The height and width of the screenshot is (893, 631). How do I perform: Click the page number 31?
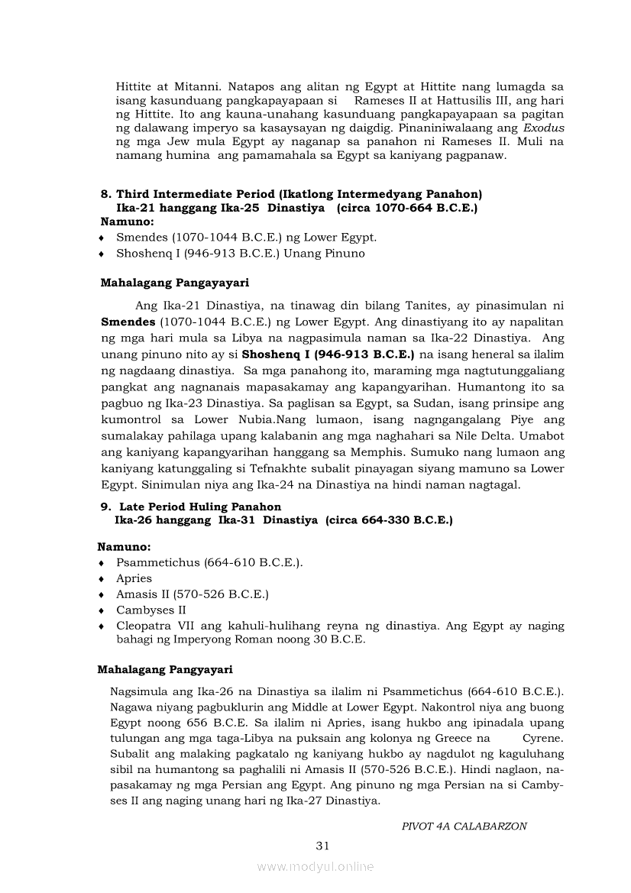pos(322,845)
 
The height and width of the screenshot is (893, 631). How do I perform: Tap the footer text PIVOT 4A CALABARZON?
pos(464,826)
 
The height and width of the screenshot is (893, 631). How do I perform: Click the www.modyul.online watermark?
pos(315,866)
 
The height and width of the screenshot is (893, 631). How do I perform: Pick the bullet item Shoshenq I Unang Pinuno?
pos(240,253)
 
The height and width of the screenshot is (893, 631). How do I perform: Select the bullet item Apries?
pos(134,578)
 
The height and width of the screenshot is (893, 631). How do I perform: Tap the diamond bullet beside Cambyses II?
pos(102,610)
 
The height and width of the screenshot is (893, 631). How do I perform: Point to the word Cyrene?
pos(542,739)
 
